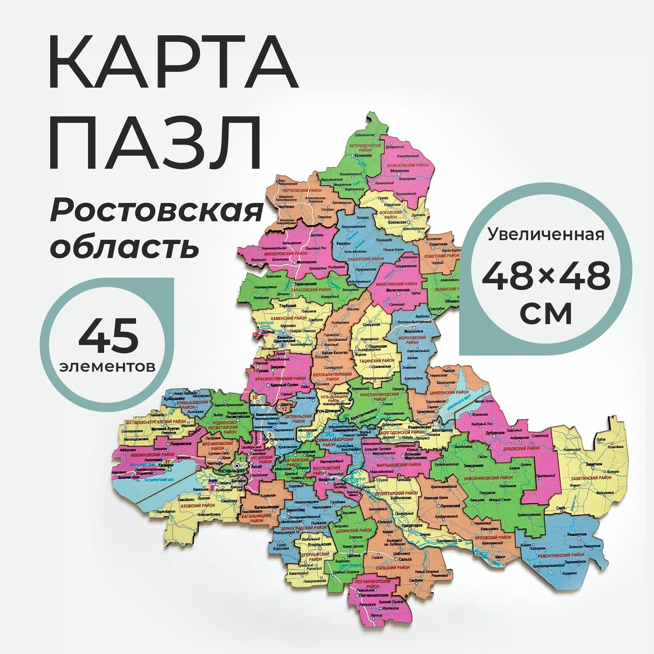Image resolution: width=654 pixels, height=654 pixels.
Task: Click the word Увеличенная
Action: [546, 234]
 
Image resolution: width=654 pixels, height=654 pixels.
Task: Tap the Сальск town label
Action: [405, 559]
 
